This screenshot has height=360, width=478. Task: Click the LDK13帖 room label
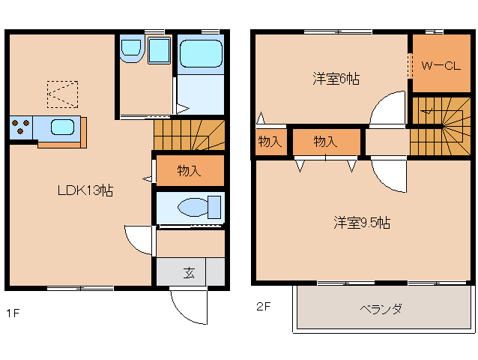(x=85, y=190)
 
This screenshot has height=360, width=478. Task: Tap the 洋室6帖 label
(x=336, y=78)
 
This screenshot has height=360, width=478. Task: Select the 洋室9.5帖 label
(x=361, y=222)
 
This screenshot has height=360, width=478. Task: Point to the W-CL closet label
(x=439, y=66)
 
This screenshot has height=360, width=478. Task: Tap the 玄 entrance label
(x=190, y=272)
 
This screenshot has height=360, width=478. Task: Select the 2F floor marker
(x=262, y=306)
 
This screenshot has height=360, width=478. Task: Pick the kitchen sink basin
(x=62, y=127)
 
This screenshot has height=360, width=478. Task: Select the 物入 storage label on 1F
(x=189, y=170)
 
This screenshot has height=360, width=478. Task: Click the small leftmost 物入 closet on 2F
(x=270, y=141)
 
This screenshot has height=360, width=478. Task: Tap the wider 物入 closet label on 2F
(x=325, y=141)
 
